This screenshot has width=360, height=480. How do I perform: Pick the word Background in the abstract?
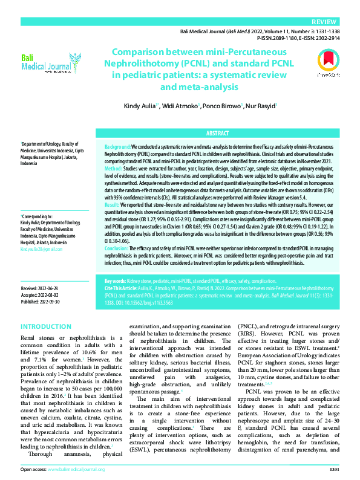coord(117,147)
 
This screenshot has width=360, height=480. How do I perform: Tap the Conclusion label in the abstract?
coord(117,248)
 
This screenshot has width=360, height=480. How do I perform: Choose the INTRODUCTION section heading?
coord(46,326)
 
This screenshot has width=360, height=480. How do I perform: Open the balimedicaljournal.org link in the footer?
coord(76,469)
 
